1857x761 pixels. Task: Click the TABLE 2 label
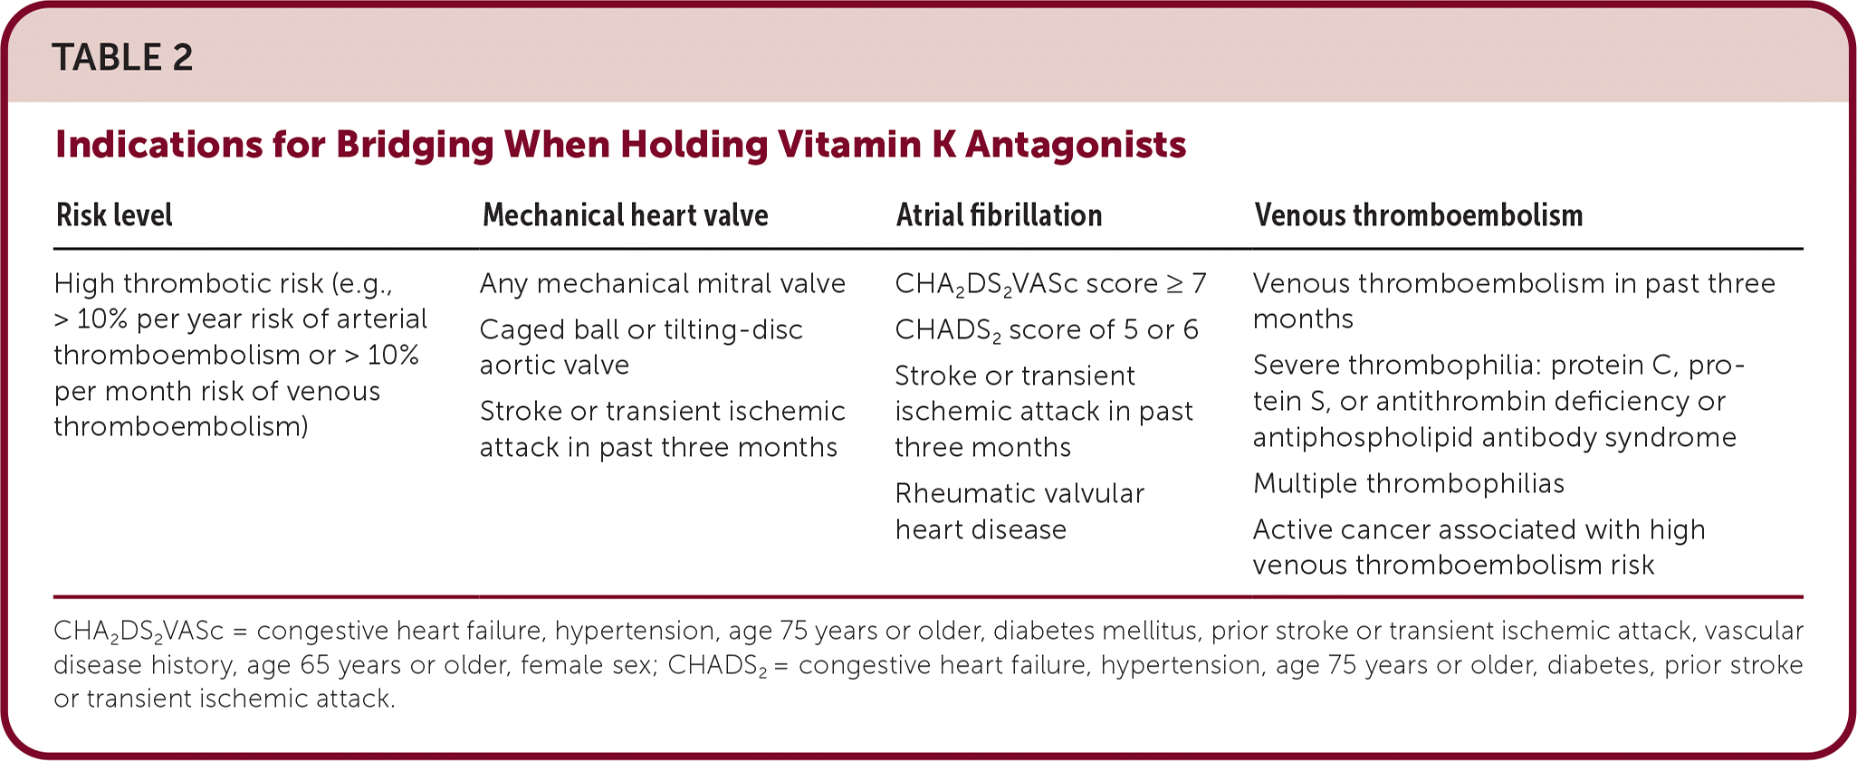click(122, 58)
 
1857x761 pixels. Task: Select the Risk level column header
click(114, 215)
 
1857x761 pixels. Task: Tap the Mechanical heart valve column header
click(626, 215)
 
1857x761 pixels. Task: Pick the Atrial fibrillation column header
click(1000, 215)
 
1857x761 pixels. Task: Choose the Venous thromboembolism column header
click(1419, 215)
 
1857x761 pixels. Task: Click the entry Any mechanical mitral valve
click(663, 284)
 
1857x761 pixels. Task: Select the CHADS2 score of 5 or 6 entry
click(1047, 330)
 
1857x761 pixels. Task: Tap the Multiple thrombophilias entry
click(1409, 483)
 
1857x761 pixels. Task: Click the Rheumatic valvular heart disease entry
click(1019, 511)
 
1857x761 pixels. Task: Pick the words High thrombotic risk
click(188, 284)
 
